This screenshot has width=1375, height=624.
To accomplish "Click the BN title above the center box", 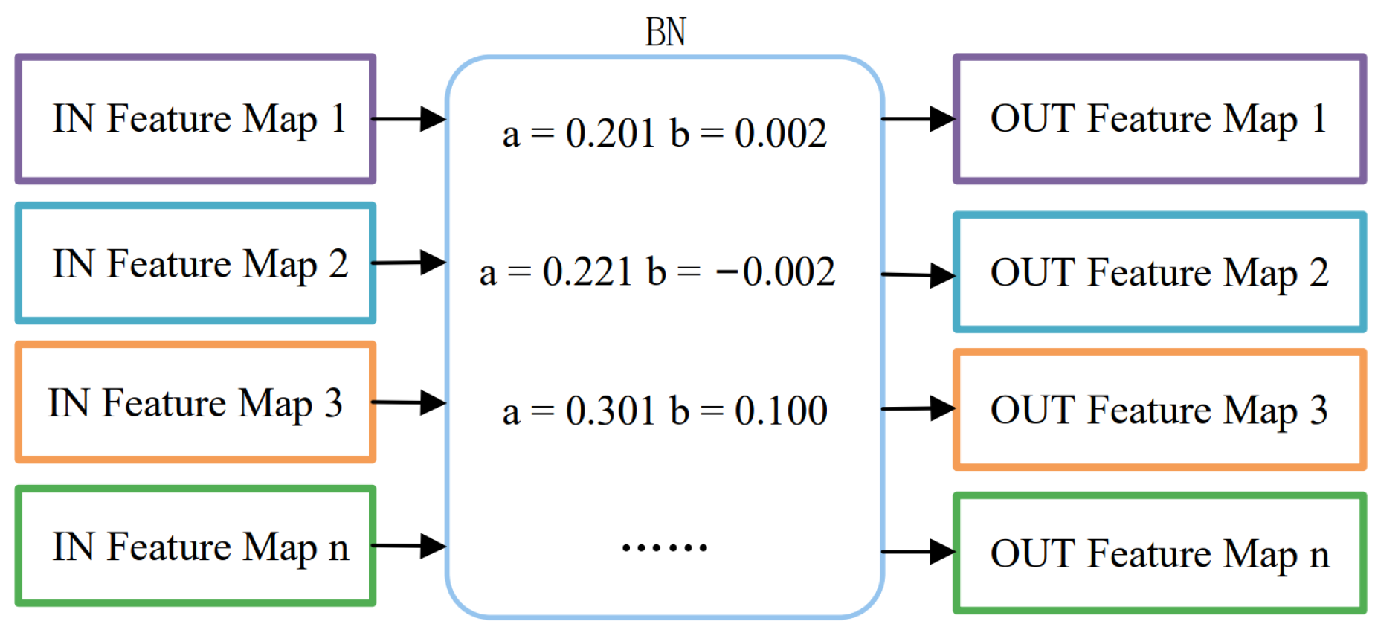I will click(x=665, y=33).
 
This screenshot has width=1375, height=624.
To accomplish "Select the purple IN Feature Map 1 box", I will click(x=196, y=119).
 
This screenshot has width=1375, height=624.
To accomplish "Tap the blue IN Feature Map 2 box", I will click(x=196, y=263).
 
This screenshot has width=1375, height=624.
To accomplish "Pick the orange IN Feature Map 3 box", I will click(x=196, y=402).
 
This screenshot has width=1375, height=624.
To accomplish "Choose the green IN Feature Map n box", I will click(x=196, y=547).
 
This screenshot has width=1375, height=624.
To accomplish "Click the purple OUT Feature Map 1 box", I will click(x=1159, y=119).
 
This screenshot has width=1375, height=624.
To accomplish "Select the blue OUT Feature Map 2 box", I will click(x=1159, y=272).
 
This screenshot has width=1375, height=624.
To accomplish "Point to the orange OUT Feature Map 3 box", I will click(x=1159, y=410).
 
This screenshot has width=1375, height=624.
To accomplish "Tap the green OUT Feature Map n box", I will click(x=1159, y=554).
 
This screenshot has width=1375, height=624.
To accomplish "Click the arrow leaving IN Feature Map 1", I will click(x=408, y=118).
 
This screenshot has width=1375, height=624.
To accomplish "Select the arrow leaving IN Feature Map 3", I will click(x=408, y=402).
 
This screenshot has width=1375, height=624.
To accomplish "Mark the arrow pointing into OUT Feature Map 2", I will click(x=918, y=275).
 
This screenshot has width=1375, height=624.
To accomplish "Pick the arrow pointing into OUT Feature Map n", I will click(x=918, y=552).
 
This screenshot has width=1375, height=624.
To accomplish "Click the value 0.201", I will click(x=610, y=134).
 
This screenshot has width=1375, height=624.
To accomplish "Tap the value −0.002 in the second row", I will click(x=775, y=271).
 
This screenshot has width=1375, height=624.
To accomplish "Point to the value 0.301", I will click(x=610, y=411).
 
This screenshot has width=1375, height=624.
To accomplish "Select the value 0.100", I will click(x=781, y=411).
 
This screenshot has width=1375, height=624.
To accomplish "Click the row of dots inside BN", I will click(x=664, y=548).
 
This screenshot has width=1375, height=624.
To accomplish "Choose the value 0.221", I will click(x=587, y=271).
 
